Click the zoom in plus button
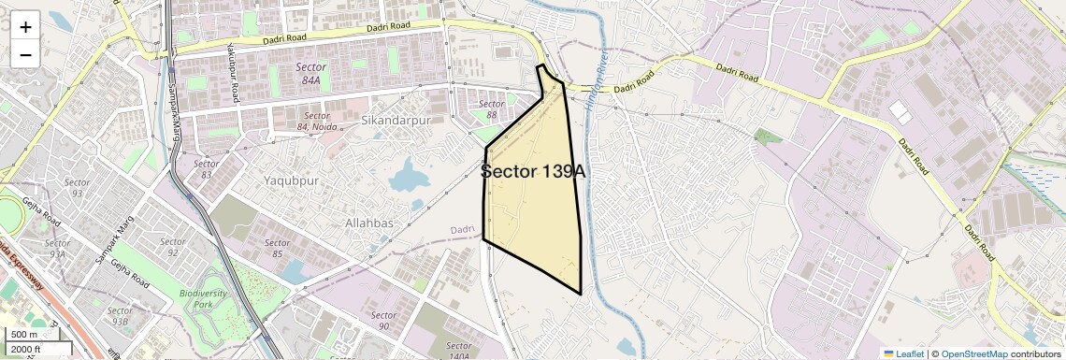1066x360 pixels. point(25,26)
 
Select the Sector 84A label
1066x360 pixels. point(310,74)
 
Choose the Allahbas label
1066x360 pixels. point(369,223)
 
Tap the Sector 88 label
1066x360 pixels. point(491,104)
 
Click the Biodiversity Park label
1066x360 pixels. point(203,299)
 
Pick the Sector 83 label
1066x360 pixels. point(206,169)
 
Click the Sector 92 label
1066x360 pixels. point(172,247)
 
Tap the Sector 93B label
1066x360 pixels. point(120,316)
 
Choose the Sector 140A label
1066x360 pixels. point(458,352)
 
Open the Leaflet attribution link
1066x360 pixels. point(903,353)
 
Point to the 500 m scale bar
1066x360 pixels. point(24,335)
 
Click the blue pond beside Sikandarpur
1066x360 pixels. point(408,175)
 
